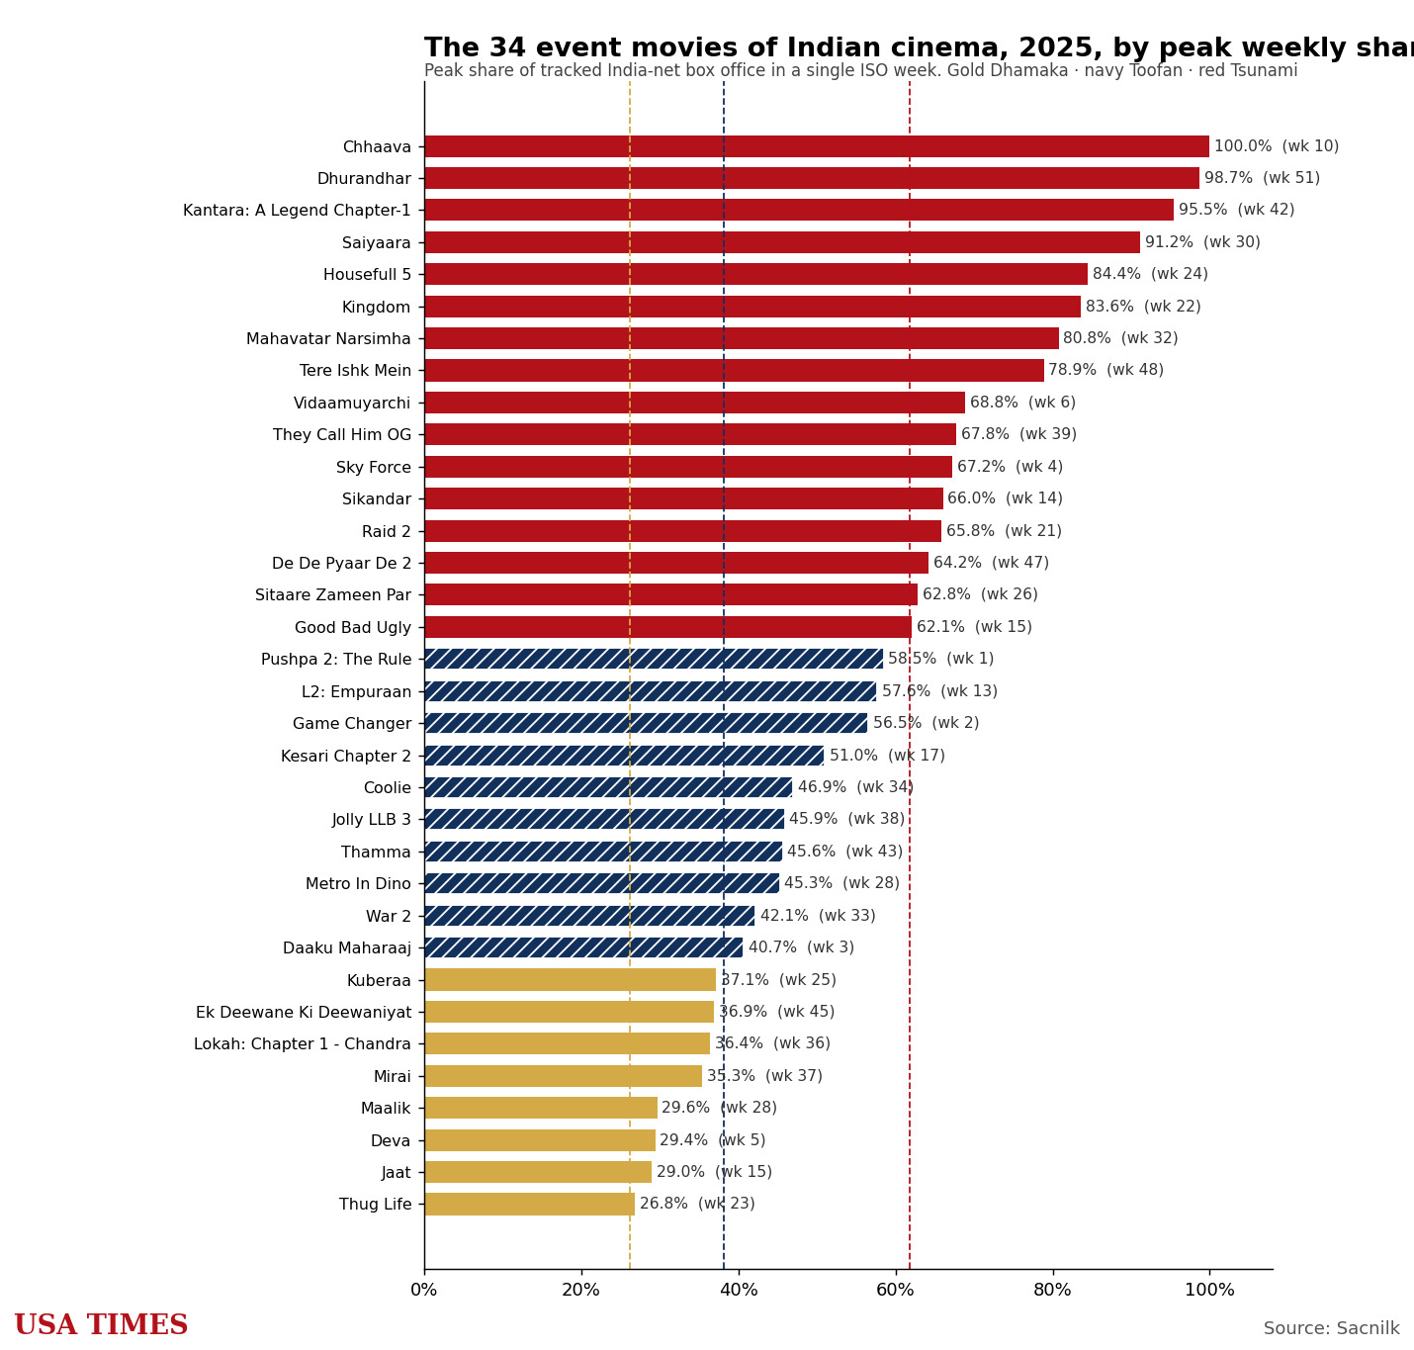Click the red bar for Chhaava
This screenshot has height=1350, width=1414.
coord(817,146)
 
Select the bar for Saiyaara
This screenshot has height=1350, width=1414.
coord(782,242)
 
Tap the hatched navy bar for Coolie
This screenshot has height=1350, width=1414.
coord(608,787)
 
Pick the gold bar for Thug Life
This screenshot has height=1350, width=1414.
coord(529,1204)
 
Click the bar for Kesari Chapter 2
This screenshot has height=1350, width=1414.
coord(624,756)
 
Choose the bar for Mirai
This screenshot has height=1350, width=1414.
coord(564,1076)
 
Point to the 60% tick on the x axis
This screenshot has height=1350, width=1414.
coord(896,1272)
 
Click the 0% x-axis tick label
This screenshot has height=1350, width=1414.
coord(423,1290)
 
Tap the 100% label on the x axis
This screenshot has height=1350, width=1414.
coord(1209,1290)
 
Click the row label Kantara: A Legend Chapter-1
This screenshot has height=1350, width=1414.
coord(297,210)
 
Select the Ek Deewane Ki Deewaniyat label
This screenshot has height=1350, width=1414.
coord(304,1013)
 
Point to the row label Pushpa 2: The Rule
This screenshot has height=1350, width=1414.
coord(336,659)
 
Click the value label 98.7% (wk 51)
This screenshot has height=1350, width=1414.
coord(1263,178)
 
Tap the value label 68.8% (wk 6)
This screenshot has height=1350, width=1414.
coord(1022,403)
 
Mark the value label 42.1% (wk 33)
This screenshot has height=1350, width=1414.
coord(818,916)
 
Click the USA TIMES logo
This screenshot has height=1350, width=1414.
coord(101,1325)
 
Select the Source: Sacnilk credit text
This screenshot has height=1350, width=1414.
coord(1331,1327)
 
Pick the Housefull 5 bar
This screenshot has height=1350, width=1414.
coord(755,274)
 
